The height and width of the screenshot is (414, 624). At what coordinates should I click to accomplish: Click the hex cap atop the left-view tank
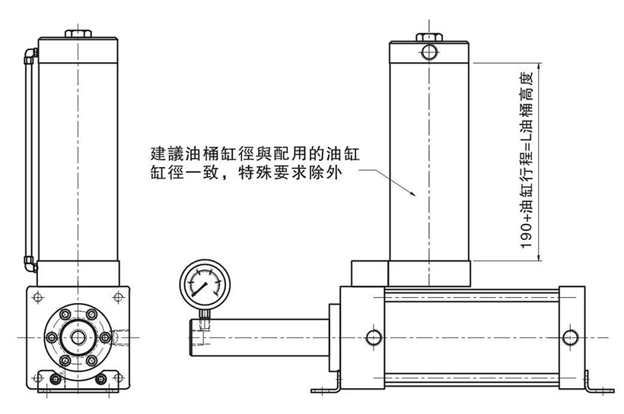pos(78,34)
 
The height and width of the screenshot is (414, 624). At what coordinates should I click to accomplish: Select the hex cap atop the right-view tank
pos(429,36)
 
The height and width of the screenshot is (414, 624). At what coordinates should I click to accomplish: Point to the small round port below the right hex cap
pos(429,52)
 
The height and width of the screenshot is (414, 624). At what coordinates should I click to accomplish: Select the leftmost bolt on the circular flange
pos(53,336)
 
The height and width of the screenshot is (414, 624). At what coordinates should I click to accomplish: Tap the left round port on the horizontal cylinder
pos(373,337)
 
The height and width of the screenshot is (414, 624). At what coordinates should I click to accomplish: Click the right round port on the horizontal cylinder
pos(567,337)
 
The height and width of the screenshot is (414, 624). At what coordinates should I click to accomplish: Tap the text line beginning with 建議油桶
pos(254,152)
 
